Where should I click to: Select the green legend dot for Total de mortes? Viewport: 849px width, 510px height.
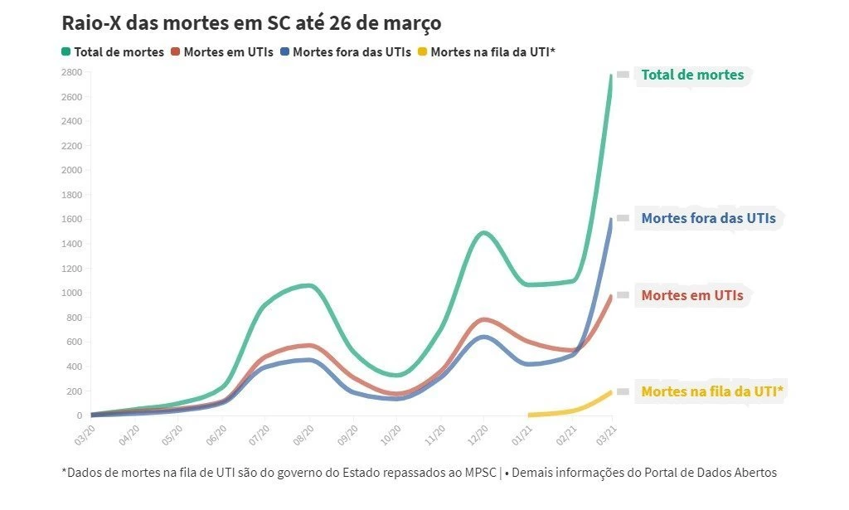(65, 51)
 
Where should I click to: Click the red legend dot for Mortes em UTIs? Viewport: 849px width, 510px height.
(175, 51)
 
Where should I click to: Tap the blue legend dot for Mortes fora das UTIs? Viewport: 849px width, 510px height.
(284, 51)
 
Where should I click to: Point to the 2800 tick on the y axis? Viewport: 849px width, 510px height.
(70, 73)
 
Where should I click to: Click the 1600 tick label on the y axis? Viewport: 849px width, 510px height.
(70, 220)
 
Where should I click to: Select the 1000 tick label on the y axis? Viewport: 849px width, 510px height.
(70, 293)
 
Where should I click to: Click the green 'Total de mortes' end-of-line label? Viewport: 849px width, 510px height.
(692, 75)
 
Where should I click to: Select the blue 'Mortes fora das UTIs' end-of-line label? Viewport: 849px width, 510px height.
(708, 219)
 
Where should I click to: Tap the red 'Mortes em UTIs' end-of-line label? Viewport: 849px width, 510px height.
(691, 295)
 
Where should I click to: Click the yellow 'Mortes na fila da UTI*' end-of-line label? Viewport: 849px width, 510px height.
(712, 391)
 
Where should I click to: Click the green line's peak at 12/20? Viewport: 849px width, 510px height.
(483, 232)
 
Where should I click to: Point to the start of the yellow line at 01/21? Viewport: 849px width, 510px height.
(529, 415)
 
